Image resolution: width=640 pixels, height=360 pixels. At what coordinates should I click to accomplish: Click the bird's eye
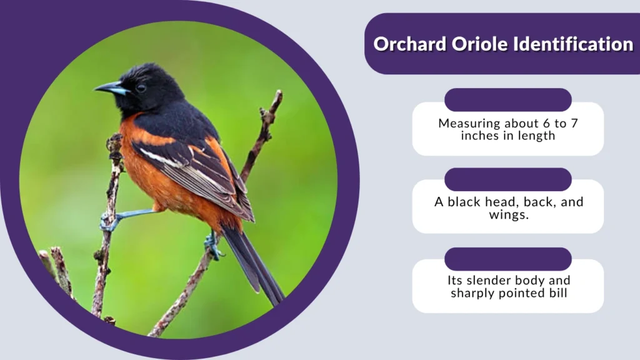pos(141,87)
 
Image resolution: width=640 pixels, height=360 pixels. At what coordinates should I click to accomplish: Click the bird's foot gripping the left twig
pos(108,221)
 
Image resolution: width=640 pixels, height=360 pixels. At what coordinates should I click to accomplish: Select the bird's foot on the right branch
pos(212,245)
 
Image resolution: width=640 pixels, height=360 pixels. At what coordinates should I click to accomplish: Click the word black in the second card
pos(465,202)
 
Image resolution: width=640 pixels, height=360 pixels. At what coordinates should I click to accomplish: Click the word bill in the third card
pos(556,292)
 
